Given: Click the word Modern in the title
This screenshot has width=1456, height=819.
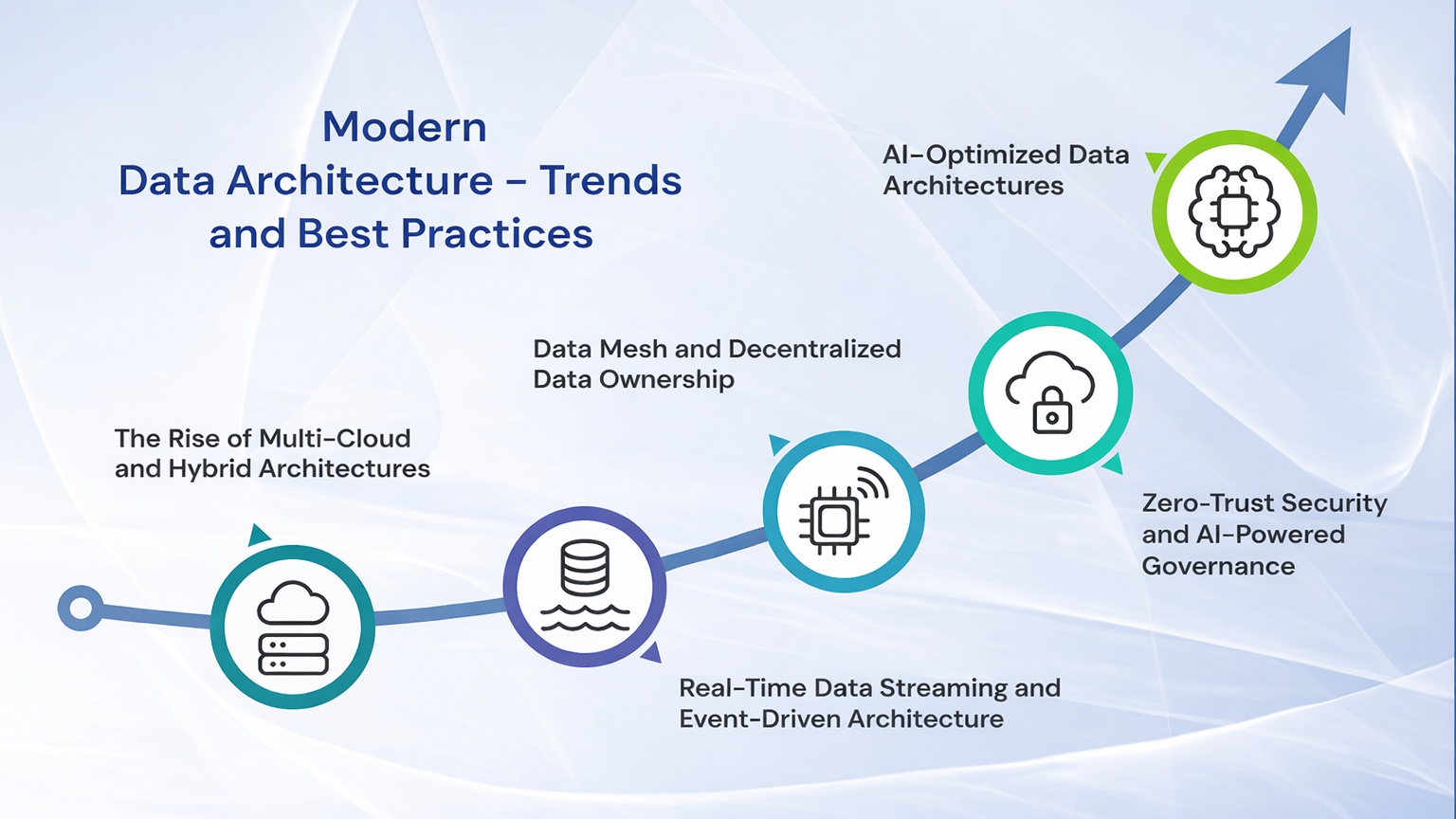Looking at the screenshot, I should [405, 127].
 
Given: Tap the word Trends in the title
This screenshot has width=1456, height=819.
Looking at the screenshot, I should [610, 180].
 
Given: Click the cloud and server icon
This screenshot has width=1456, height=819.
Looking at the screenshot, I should [293, 627].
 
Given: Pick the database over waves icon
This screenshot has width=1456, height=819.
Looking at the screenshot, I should [585, 586].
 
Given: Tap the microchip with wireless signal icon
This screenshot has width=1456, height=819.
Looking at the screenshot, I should [843, 512].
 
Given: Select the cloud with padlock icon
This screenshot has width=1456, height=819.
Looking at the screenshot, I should [1050, 392].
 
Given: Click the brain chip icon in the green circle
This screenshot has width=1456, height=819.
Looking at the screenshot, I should [1234, 211].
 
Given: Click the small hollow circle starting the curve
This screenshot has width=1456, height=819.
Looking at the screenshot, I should [81, 608].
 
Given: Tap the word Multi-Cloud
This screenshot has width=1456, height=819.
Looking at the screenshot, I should [335, 438].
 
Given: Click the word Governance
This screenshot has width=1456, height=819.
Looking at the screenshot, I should [1218, 566].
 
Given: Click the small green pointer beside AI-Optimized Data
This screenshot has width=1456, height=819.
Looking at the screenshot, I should [1156, 161].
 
